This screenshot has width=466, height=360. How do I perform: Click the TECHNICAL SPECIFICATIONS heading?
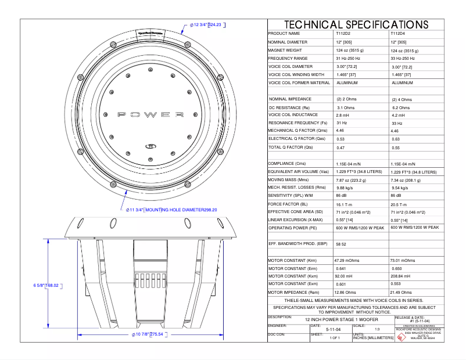(356, 24)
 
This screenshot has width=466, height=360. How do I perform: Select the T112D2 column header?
(343, 34)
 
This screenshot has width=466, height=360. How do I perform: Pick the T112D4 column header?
(399, 34)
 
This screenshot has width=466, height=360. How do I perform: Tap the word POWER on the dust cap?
(151, 114)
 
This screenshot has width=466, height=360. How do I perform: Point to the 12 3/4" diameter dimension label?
(207, 25)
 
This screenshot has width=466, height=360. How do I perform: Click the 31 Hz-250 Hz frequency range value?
(348, 59)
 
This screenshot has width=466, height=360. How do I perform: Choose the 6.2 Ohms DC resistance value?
(401, 107)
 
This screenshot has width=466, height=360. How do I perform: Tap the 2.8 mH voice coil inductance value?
(343, 116)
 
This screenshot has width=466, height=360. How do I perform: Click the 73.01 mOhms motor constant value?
(403, 261)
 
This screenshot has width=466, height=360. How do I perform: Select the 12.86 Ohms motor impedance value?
(346, 292)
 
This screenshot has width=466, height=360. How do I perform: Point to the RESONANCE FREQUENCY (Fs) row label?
(294, 123)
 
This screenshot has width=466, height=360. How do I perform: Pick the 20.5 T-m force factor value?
(400, 204)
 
